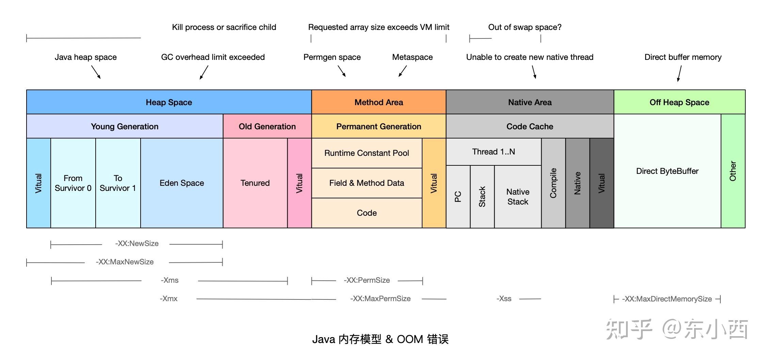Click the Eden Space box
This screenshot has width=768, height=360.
click(182, 183)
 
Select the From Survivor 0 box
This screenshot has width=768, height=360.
click(73, 183)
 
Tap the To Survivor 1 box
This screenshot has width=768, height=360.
click(118, 183)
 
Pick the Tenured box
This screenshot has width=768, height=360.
click(255, 183)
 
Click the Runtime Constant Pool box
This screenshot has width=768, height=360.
click(367, 153)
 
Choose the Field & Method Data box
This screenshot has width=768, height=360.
click(367, 183)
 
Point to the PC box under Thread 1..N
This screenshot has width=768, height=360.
click(458, 197)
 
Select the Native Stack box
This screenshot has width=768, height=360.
click(517, 197)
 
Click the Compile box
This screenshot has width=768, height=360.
click(553, 183)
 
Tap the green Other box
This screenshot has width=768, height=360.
click(733, 171)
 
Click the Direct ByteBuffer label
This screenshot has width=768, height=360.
click(667, 171)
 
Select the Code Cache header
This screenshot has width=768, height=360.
click(530, 127)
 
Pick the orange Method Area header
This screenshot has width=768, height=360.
click(379, 102)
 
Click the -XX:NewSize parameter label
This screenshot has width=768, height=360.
click(137, 244)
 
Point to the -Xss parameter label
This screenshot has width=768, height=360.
click(504, 299)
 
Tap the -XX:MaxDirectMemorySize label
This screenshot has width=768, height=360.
click(667, 299)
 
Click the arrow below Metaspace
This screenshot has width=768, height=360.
click(402, 71)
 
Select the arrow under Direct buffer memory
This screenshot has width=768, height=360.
click(679, 73)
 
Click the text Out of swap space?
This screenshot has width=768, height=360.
click(525, 27)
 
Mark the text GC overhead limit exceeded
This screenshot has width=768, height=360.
click(213, 57)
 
